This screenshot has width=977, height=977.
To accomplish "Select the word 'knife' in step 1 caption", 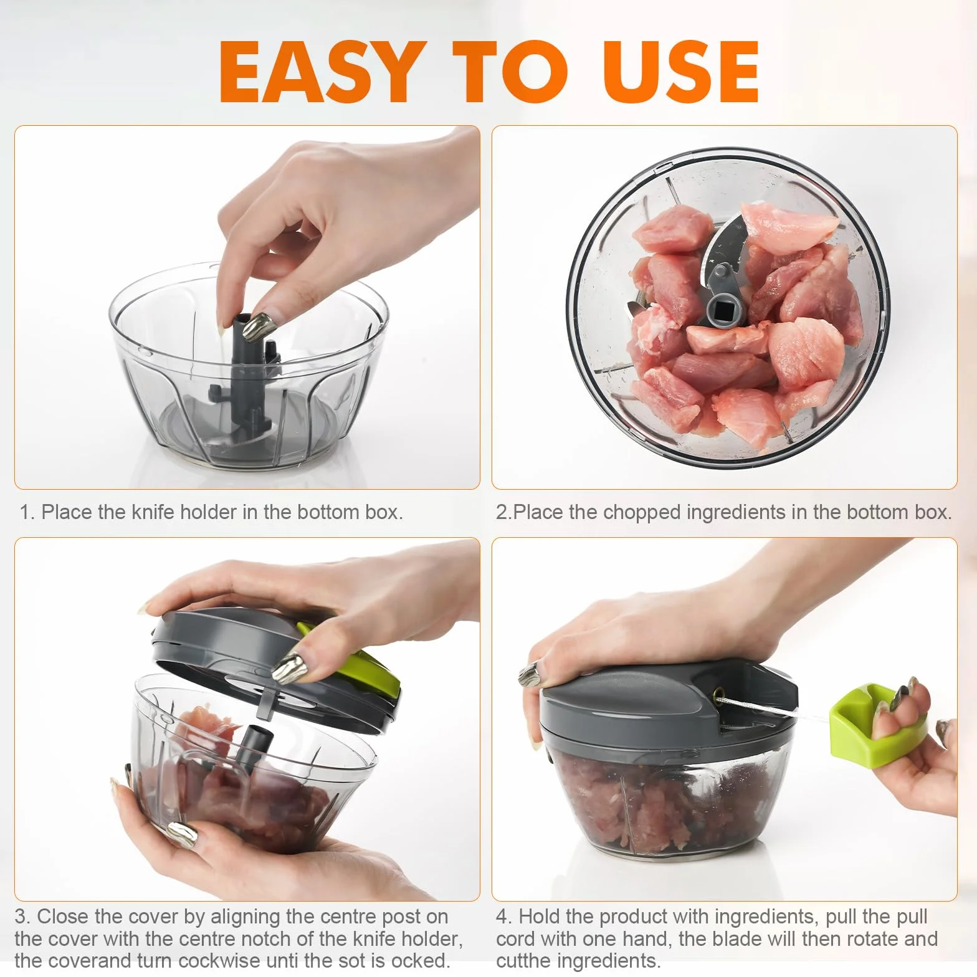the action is point(153,512).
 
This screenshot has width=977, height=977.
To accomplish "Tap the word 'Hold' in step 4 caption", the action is point(539,917).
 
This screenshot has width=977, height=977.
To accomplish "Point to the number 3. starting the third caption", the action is point(22,917).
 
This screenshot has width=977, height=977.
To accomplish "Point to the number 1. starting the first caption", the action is point(26,512).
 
